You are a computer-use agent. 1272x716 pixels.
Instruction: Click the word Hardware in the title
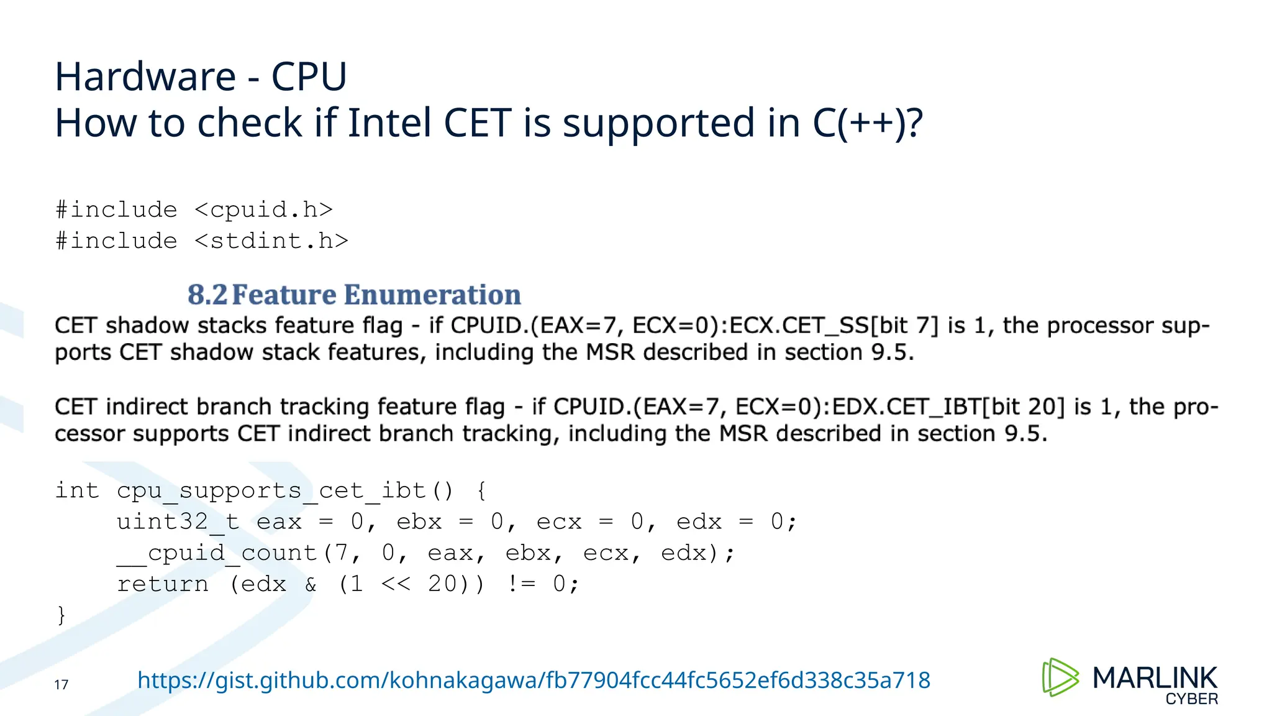pos(145,77)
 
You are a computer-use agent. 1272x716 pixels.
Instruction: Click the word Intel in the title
pos(389,122)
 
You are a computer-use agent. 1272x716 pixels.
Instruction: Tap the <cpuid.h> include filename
pos(264,210)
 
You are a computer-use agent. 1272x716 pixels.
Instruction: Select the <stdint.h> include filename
pos(271,241)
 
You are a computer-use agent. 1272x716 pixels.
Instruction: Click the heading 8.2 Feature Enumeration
pos(354,295)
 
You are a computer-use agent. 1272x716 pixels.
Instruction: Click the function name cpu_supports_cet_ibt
pos(271,491)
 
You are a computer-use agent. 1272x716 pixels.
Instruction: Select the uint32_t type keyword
pos(178,522)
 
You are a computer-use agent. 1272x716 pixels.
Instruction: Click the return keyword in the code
pos(163,584)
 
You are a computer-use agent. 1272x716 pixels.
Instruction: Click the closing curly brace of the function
pos(61,615)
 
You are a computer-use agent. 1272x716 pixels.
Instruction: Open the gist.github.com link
pos(534,681)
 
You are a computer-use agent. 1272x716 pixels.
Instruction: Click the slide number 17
pos(61,685)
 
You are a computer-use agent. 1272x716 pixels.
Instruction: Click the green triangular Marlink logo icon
pos(1060,677)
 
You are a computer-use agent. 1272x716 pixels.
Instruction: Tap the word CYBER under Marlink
pos(1191,699)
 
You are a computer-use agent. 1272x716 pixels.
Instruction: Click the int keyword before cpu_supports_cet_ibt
pos(77,491)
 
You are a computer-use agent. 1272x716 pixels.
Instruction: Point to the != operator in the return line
pos(520,584)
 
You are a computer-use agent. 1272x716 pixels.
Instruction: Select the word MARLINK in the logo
pos(1155,677)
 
